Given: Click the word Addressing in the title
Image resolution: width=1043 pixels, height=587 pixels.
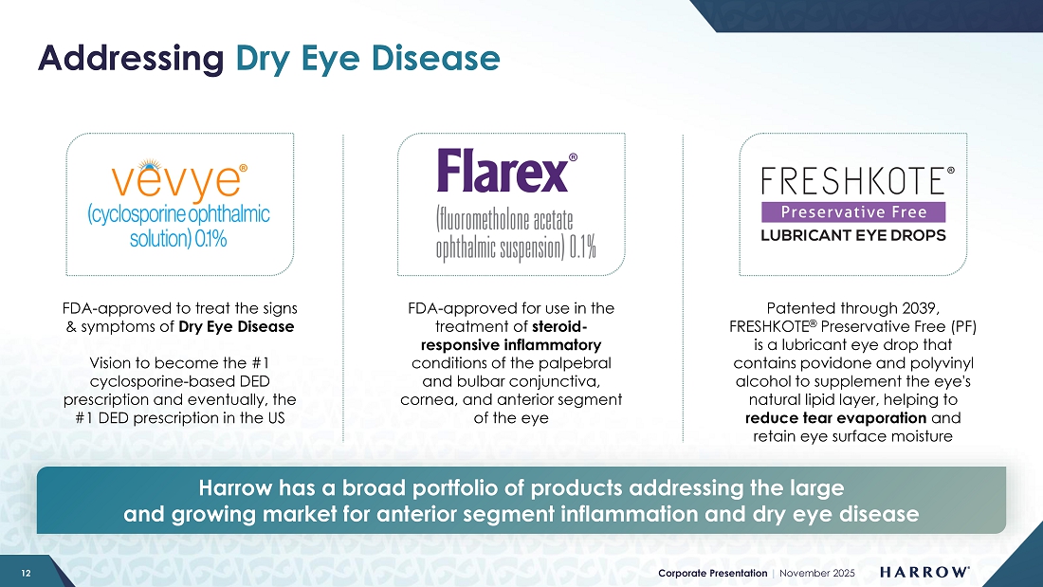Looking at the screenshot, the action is (x=131, y=59).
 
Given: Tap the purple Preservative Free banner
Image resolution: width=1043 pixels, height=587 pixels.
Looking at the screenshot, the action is (x=853, y=212).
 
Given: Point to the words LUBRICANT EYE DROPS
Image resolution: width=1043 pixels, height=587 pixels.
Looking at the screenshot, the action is (x=853, y=235).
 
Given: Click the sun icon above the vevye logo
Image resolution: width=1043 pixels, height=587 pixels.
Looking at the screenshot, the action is (x=151, y=164).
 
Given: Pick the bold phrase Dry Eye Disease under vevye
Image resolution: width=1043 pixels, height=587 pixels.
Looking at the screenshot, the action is (x=236, y=327).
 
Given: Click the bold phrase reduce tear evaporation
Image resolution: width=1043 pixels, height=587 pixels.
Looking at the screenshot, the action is (x=835, y=418).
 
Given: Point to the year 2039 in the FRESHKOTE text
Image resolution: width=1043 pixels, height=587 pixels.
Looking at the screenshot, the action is (x=920, y=308).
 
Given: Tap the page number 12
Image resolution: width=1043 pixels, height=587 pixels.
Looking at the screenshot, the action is (x=26, y=573).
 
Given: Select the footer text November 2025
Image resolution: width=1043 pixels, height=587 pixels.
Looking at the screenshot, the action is (x=817, y=573).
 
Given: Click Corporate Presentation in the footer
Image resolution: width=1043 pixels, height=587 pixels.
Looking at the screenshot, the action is (x=712, y=573).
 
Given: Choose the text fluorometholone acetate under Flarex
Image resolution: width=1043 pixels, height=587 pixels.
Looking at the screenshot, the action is (x=504, y=219).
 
